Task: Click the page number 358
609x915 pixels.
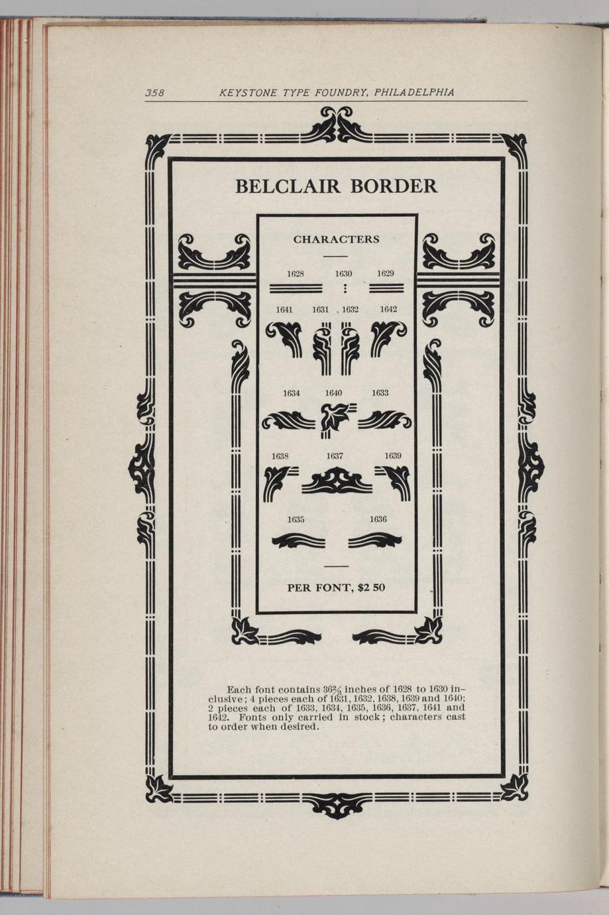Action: pos(154,93)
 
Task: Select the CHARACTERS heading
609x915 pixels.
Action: pos(337,239)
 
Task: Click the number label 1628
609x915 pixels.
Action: pos(295,274)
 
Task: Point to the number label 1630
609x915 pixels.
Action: pos(343,274)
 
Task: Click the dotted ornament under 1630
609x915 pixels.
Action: pos(345,288)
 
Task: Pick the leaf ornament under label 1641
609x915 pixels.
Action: pos(284,339)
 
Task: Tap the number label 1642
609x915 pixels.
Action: pos(388,310)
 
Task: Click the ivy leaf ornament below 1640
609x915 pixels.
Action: pos(338,420)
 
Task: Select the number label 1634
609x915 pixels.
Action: pos(292,393)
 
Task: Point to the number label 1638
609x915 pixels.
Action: pos(280,456)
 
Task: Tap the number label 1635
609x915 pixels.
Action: pos(296,520)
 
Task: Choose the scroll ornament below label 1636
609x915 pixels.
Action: pos(374,540)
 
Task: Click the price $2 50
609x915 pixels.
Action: pos(371,587)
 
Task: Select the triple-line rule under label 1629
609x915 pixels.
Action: pos(386,288)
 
